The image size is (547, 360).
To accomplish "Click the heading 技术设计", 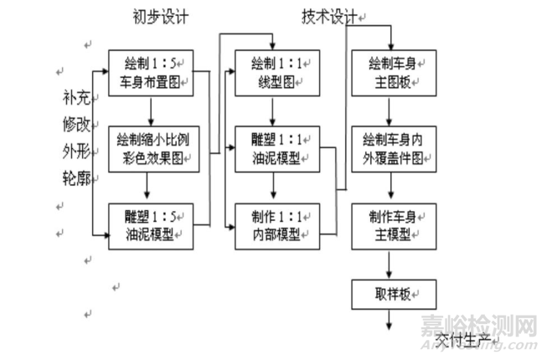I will pyautogui.click(x=329, y=15).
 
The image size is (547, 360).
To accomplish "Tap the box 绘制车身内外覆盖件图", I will pyautogui.click(x=390, y=149).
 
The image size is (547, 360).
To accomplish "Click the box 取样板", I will pyautogui.click(x=390, y=294).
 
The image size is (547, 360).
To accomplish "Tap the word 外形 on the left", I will pyautogui.click(x=75, y=152).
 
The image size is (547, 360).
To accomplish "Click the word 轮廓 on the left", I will pyautogui.click(x=75, y=178).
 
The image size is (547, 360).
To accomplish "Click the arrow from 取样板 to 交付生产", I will pyautogui.click(x=390, y=321).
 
